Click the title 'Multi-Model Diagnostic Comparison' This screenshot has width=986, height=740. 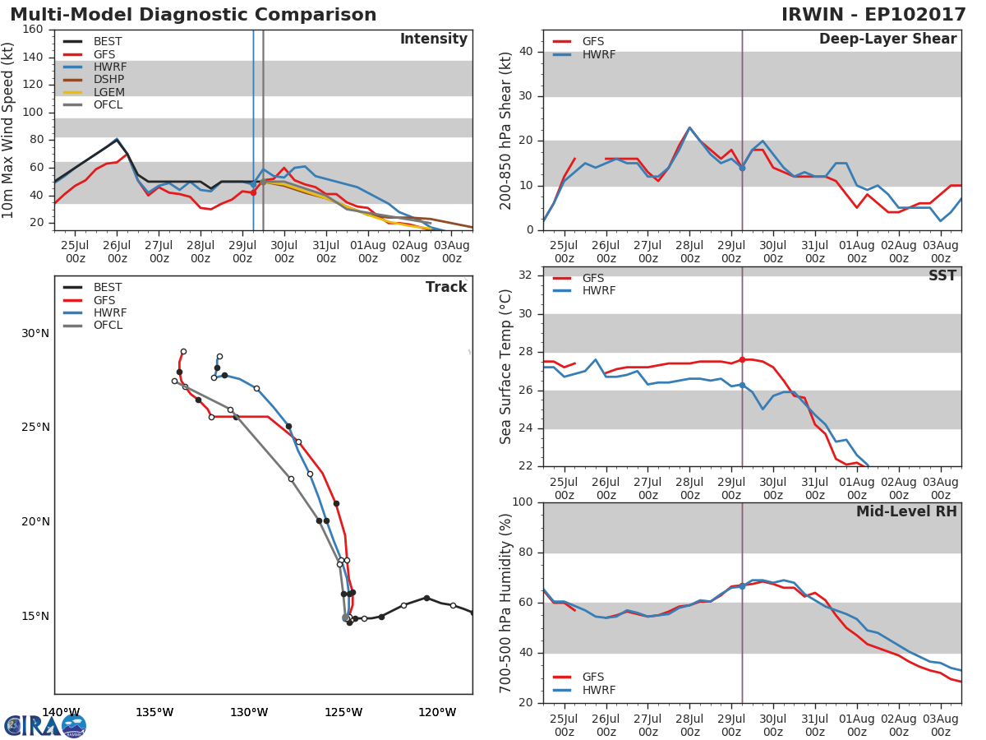coord(193,15)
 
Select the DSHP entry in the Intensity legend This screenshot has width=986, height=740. coord(108,80)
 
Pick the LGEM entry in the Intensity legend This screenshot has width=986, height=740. coord(108,92)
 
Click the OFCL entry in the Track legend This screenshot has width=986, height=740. coord(108,326)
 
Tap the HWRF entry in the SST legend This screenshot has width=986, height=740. coord(598,291)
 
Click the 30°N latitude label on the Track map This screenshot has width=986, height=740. coord(36,333)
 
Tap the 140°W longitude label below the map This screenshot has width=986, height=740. coord(61,712)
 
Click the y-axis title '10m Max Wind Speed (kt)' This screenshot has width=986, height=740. coord(9,130)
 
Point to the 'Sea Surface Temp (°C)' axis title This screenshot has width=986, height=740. coord(506,367)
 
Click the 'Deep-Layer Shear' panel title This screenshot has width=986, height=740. coord(887,39)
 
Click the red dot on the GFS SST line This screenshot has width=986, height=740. coord(742,359)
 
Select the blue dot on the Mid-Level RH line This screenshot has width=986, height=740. coord(742,585)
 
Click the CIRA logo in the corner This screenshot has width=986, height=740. coord(44,725)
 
